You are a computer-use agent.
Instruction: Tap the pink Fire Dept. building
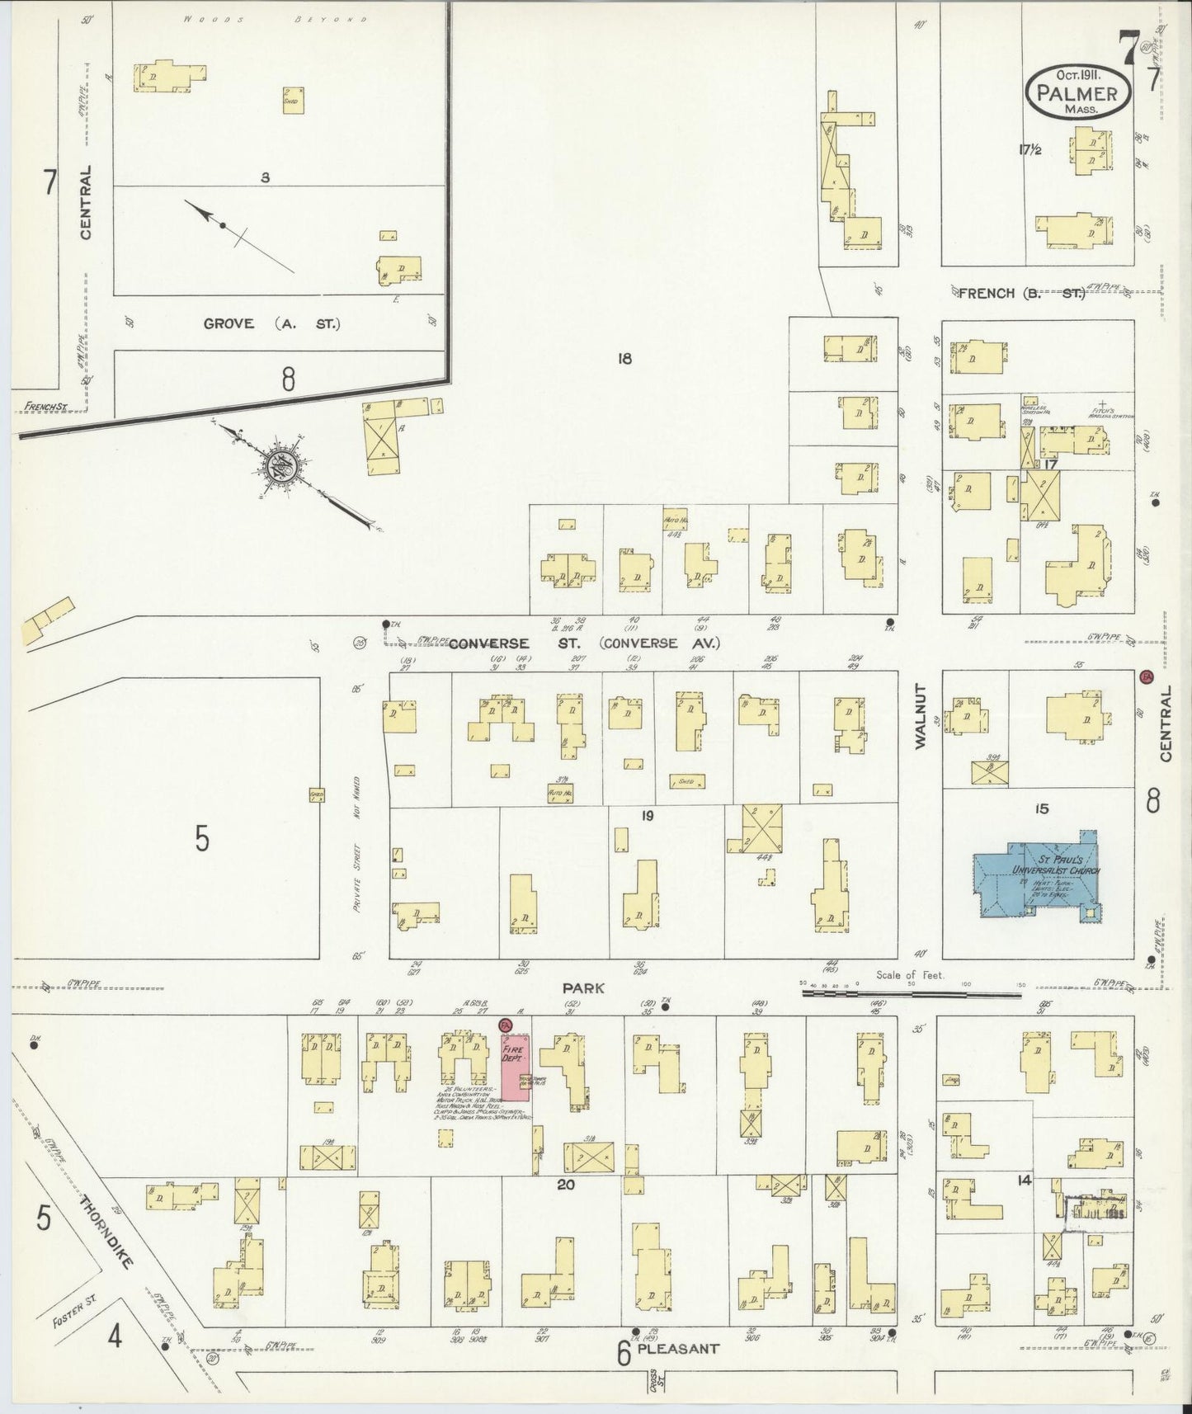click(x=516, y=1064)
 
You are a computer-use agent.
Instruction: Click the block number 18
click(x=624, y=358)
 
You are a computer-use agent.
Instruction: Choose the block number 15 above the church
click(x=1041, y=808)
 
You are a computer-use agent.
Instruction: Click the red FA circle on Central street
click(x=1145, y=676)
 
